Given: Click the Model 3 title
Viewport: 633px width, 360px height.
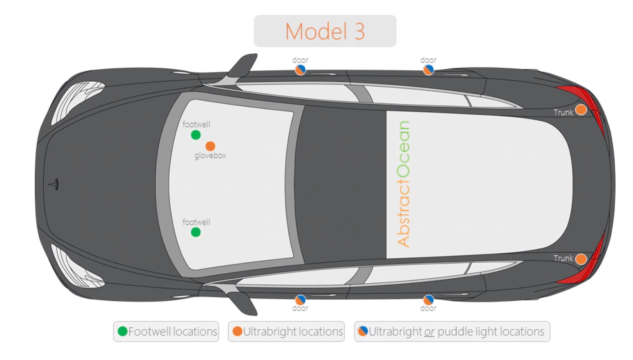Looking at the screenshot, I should (325, 31).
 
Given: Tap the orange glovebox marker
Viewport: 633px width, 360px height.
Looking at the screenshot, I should (210, 146).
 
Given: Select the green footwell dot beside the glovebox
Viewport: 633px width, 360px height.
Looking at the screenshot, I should (196, 135).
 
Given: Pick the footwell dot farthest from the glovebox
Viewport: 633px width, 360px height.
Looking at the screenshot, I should (196, 232).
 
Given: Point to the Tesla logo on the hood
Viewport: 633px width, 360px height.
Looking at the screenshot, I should (54, 184).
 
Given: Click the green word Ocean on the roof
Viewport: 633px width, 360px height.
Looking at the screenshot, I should (403, 149).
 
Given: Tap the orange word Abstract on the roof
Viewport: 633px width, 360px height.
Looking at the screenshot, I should (403, 213).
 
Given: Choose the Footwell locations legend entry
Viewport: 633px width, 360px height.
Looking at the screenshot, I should (166, 331).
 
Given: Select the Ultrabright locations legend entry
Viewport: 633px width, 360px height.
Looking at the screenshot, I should (286, 331).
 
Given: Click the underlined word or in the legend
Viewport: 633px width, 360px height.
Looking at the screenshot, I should (429, 332).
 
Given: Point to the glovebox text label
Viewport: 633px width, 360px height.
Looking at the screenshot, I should (210, 156).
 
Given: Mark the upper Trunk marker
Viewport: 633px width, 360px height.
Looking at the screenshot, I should (581, 110).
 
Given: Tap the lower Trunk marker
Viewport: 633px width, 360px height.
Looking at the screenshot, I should (581, 259).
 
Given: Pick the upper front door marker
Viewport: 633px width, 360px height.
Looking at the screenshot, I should (300, 70).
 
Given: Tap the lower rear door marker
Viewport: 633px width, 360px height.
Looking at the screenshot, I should (429, 300).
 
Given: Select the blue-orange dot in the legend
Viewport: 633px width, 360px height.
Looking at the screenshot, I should (363, 331).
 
